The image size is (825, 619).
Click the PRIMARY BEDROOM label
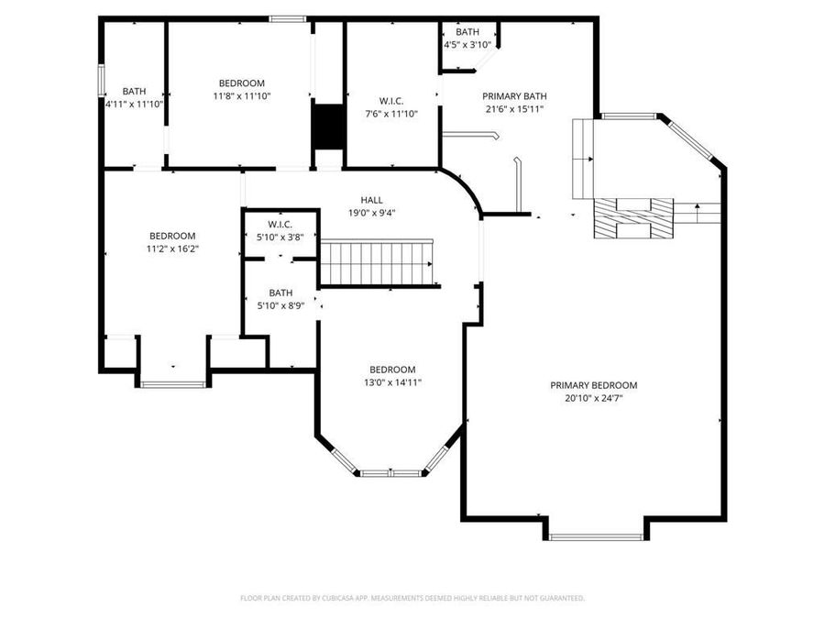pyautogui.click(x=593, y=385)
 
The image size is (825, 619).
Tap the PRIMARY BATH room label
pyautogui.click(x=514, y=95)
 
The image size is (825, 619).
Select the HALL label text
pyautogui.click(x=371, y=200)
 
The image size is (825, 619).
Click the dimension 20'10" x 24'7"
pyautogui.click(x=593, y=398)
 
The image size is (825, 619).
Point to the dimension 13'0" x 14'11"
pyautogui.click(x=392, y=382)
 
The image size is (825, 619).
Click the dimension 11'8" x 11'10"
pyautogui.click(x=242, y=95)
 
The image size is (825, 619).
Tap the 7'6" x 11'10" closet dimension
pyautogui.click(x=391, y=114)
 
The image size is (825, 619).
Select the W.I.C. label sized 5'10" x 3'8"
pyautogui.click(x=280, y=225)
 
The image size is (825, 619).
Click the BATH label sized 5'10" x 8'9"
pyautogui.click(x=280, y=293)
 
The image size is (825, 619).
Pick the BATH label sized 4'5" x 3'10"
pyautogui.click(x=467, y=32)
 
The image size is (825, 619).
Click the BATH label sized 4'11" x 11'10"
pyautogui.click(x=134, y=91)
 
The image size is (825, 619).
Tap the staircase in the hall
pyautogui.click(x=376, y=263)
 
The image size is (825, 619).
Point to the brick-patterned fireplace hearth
pyautogui.click(x=633, y=218)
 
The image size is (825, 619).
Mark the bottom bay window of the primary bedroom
pyautogui.click(x=597, y=536)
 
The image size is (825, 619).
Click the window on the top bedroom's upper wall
pyautogui.click(x=287, y=18)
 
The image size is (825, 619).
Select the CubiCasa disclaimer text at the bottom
pyautogui.click(x=412, y=598)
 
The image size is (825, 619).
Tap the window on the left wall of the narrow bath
pyautogui.click(x=102, y=77)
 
